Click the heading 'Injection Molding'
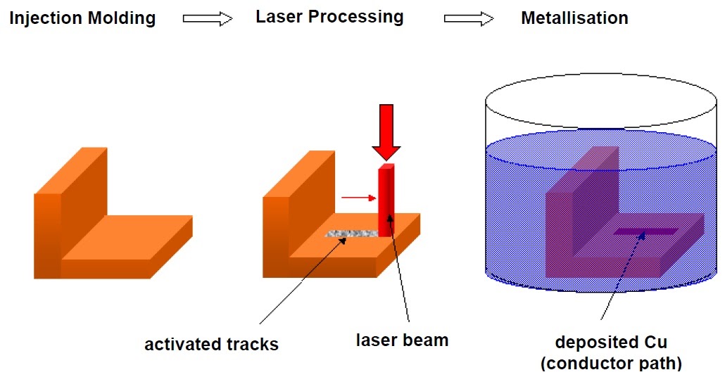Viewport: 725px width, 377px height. (x=82, y=18)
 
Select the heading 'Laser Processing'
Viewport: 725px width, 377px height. (x=329, y=17)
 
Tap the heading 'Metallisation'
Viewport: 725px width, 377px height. (x=574, y=18)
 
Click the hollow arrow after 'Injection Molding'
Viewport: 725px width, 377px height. (x=208, y=19)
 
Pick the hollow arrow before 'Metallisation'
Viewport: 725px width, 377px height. (x=468, y=19)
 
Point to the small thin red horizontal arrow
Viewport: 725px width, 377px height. (x=358, y=198)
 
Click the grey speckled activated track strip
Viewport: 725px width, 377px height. (x=351, y=234)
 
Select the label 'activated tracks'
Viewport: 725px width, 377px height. (x=212, y=345)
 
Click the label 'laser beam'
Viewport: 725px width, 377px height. (x=402, y=340)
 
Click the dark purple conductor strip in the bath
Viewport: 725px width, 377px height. (x=645, y=231)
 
